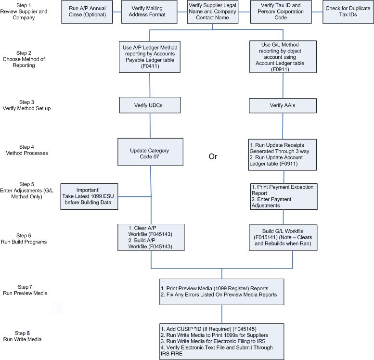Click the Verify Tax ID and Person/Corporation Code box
(281, 12)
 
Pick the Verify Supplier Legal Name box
(213, 12)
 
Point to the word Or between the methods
(213, 156)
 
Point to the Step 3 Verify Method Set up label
(27, 105)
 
